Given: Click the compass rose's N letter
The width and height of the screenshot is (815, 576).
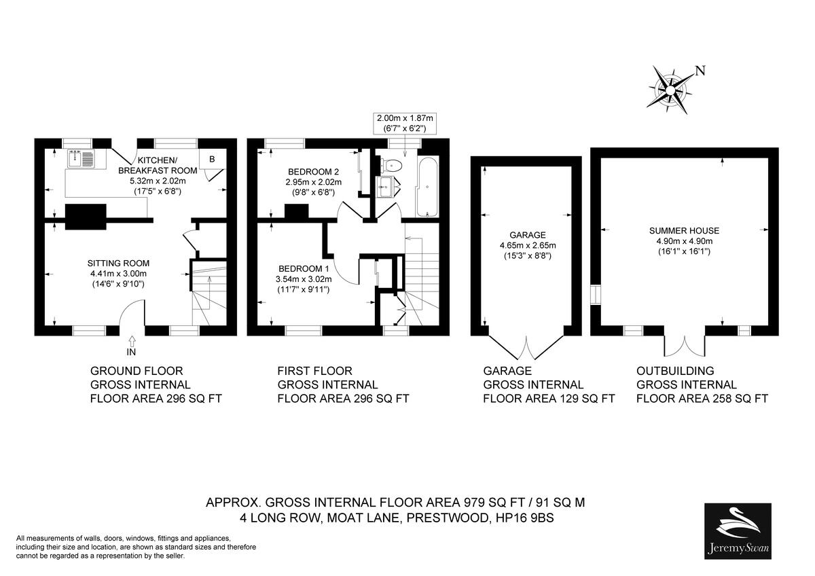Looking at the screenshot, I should (x=700, y=71).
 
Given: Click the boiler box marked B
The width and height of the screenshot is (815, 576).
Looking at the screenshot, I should (x=212, y=160).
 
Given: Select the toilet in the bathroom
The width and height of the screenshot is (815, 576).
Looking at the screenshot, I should (x=393, y=165).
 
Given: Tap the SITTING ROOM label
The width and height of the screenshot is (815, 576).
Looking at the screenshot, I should (x=118, y=263).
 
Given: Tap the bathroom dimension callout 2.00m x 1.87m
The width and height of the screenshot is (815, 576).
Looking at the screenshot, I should (x=404, y=123).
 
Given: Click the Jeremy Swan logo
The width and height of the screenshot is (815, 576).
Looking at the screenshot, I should (x=738, y=530).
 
